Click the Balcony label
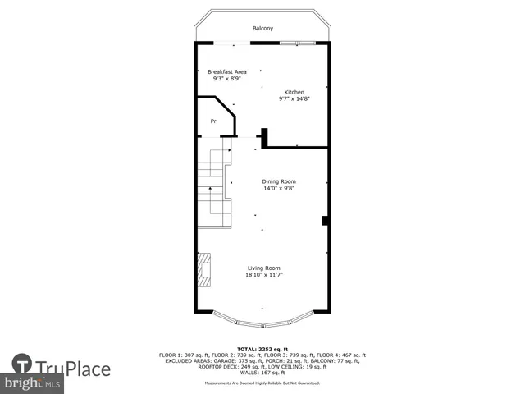[x=262, y=29]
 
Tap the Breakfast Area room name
[x=226, y=71]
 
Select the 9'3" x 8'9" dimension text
[x=226, y=79]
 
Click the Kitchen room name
[x=294, y=91]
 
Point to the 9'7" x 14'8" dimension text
[x=294, y=98]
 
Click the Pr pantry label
[x=213, y=121]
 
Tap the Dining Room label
[x=279, y=181]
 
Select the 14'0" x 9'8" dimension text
[x=279, y=189]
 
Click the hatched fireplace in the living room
[x=203, y=269]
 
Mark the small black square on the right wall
[x=326, y=220]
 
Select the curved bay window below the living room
[x=262, y=318]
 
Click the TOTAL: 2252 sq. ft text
[x=262, y=349]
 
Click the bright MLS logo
[x=33, y=383]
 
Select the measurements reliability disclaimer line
[x=262, y=383]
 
